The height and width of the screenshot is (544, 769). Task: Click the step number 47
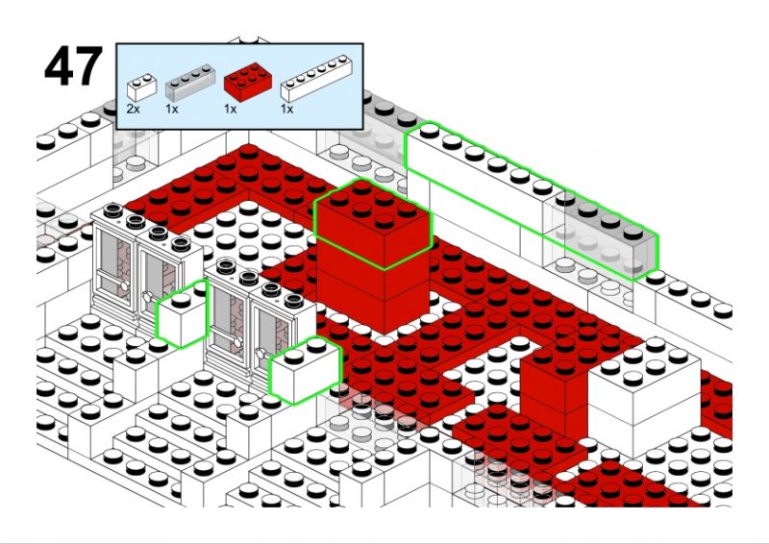tap(74, 66)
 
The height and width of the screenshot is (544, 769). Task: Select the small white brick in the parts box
tap(141, 87)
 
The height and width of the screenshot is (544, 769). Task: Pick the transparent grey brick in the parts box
tap(190, 83)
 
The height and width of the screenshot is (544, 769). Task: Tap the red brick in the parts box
tap(248, 82)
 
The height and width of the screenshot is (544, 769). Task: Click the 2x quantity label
tap(133, 109)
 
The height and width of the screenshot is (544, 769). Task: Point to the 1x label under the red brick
tap(230, 109)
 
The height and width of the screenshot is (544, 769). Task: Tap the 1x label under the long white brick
tap(286, 109)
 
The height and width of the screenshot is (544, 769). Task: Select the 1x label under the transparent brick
tap(172, 109)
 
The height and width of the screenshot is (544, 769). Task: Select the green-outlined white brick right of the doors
tap(305, 370)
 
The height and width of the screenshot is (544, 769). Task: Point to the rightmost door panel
tap(273, 338)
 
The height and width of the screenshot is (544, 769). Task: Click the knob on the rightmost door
tap(260, 352)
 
